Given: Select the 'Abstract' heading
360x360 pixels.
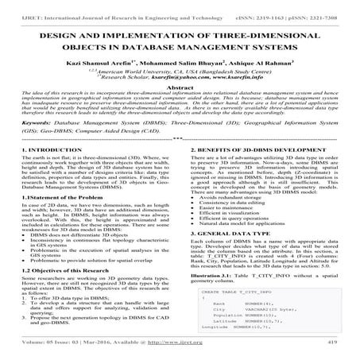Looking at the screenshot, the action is pyautogui.click(x=180, y=91).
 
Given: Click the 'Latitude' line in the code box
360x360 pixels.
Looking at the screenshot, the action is pyautogui.click(x=227, y=320).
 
